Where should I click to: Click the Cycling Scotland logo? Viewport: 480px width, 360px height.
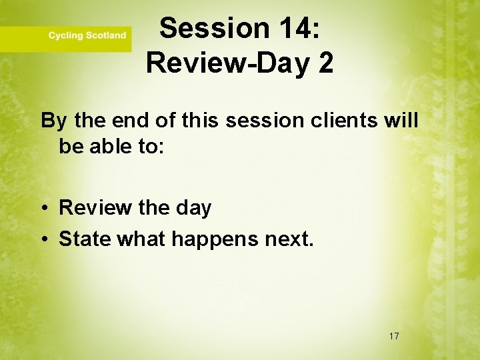point(87,35)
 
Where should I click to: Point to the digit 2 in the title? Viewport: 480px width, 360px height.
point(325,63)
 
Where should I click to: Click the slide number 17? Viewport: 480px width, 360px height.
point(393,336)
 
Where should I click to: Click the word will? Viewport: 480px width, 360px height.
point(402,121)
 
